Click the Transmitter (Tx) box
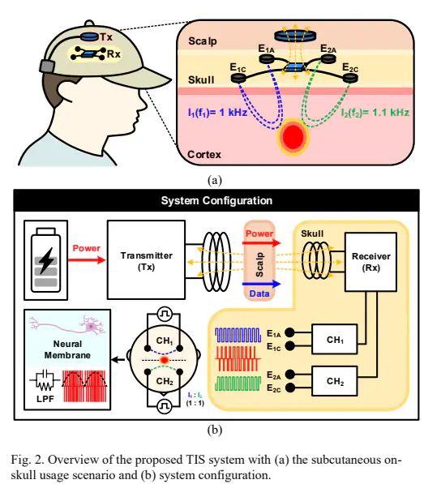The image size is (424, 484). click(x=146, y=259)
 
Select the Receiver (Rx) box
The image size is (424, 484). click(x=370, y=262)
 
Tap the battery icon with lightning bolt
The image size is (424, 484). click(x=45, y=259)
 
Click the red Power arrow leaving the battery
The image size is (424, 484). click(x=87, y=260)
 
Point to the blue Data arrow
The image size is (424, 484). click(x=261, y=284)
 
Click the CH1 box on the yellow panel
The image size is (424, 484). click(x=335, y=339)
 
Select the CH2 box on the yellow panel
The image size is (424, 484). click(x=335, y=381)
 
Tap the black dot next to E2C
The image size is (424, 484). click(x=289, y=388)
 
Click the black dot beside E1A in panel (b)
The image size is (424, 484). click(x=289, y=332)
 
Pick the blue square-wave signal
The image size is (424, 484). click(x=238, y=335)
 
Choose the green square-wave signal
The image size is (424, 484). click(x=238, y=383)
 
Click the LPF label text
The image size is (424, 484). click(x=45, y=399)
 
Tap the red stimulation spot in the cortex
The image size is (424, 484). click(x=293, y=136)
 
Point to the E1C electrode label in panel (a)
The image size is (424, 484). click(x=238, y=67)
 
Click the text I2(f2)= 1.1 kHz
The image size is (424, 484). click(x=375, y=113)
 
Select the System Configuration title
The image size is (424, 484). click(x=216, y=200)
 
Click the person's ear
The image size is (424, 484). click(x=69, y=92)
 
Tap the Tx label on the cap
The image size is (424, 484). click(x=106, y=37)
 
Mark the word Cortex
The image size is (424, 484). click(x=204, y=154)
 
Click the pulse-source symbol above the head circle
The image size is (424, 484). click(x=165, y=315)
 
